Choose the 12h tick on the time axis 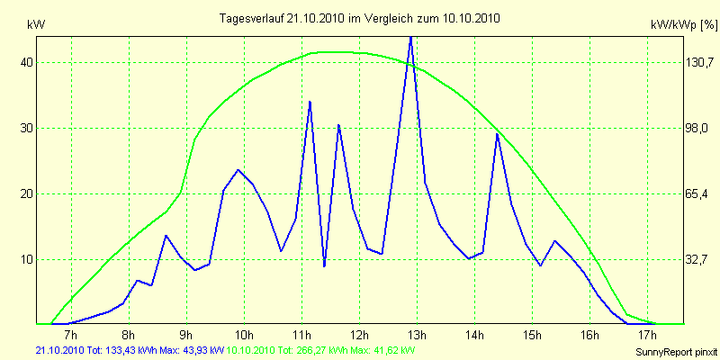tap(359, 337)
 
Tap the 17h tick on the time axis tap(647, 337)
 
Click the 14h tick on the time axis tap(474, 337)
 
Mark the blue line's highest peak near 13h tap(410, 38)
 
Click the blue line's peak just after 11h tap(310, 102)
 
